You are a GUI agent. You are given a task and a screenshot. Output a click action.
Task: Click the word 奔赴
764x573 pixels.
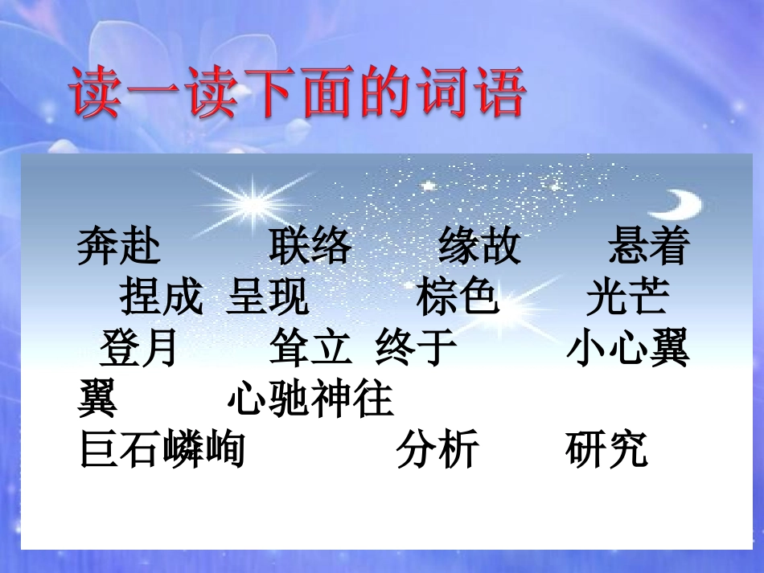coord(119,247)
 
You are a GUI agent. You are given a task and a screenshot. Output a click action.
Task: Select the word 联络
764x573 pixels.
coord(310,247)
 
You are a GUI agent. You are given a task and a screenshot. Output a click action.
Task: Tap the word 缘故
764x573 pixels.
coord(480,247)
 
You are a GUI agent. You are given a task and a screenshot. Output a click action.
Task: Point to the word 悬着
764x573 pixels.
coord(649,247)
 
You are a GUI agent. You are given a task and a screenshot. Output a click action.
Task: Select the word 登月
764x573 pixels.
coord(138,349)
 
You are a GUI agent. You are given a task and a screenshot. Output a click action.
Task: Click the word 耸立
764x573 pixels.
coord(310,349)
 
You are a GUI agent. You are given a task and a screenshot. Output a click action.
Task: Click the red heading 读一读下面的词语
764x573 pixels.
coord(298,93)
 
